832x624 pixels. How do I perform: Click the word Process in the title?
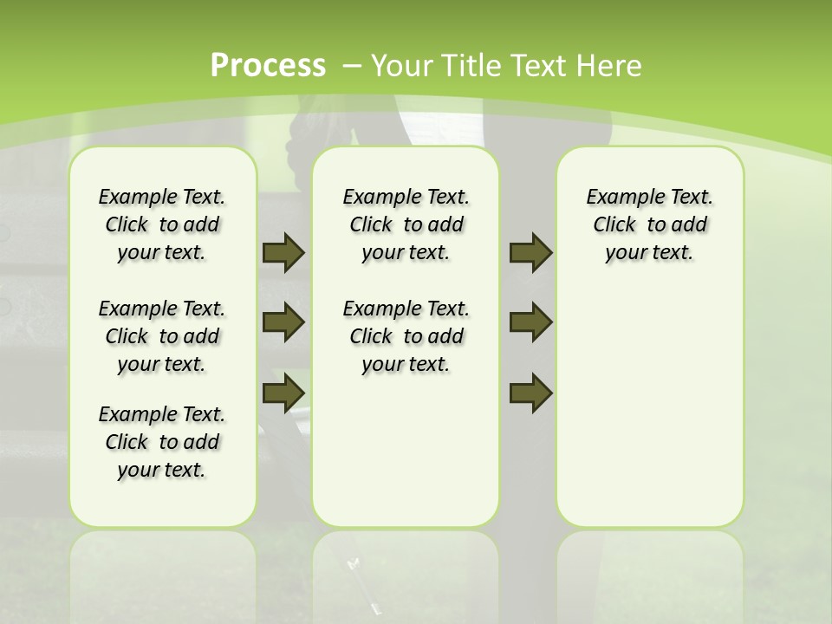(269, 65)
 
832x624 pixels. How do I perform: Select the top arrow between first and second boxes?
(283, 253)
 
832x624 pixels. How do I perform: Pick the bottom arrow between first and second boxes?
(283, 393)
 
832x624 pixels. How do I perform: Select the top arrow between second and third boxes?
(531, 253)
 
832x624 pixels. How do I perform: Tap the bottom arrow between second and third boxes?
(531, 393)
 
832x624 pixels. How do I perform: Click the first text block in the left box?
(162, 224)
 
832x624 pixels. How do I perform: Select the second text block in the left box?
(162, 336)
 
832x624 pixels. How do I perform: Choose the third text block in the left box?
(162, 442)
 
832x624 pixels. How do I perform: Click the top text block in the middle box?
(406, 224)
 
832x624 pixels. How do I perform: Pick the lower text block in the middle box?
(406, 336)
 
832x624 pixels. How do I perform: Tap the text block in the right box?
(649, 224)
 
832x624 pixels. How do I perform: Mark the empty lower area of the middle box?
(406, 451)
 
